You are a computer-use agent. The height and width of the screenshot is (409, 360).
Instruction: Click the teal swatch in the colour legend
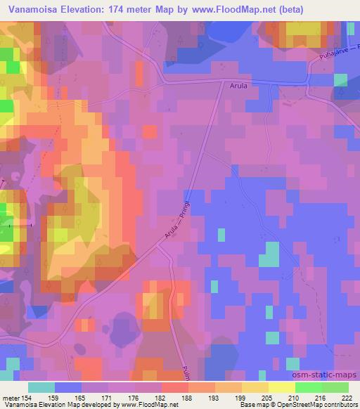click(41, 387)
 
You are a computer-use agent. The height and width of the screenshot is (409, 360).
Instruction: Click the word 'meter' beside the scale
click(10, 398)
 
